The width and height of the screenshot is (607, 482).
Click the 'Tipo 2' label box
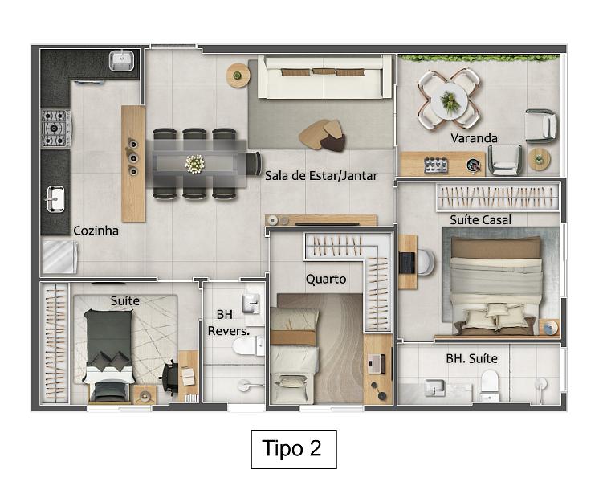pyautogui.click(x=293, y=448)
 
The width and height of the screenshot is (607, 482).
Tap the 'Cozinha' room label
pyautogui.click(x=96, y=231)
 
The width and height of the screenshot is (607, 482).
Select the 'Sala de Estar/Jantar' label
pyautogui.click(x=320, y=175)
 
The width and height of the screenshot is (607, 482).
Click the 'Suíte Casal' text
pyautogui.click(x=480, y=219)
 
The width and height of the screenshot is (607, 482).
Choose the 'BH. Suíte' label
pyautogui.click(x=471, y=358)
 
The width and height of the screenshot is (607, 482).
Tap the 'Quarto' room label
pyautogui.click(x=326, y=279)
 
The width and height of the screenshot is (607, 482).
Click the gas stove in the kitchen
pyautogui.click(x=55, y=127)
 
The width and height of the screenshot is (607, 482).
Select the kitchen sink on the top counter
pyautogui.click(x=122, y=58)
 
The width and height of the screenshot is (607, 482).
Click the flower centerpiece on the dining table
pyautogui.click(x=194, y=163)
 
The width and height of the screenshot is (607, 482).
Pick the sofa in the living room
pyautogui.click(x=324, y=76)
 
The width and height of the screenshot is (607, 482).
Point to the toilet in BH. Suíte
pyautogui.click(x=490, y=386)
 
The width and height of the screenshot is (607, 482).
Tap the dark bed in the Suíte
pyautogui.click(x=108, y=353)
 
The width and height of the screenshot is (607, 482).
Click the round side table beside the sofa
pyautogui.click(x=238, y=76)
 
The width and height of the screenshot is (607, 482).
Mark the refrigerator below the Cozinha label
pyautogui.click(x=59, y=257)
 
